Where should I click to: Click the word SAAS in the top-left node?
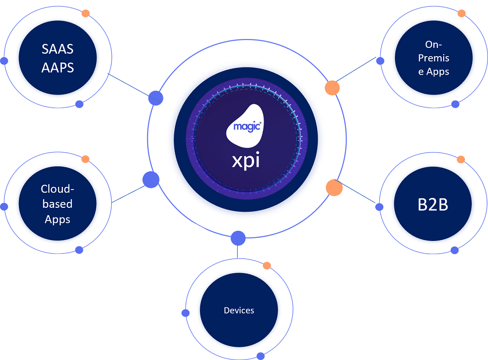(x=57, y=50)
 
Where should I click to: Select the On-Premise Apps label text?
(x=433, y=58)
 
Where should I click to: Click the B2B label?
(x=433, y=204)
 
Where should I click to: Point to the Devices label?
(x=239, y=310)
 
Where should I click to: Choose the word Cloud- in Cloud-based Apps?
(x=57, y=189)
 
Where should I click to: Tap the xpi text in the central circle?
(x=245, y=160)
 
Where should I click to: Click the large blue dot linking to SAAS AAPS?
(x=156, y=98)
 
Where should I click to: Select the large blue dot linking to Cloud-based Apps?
(x=151, y=180)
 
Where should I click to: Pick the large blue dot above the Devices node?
(x=238, y=238)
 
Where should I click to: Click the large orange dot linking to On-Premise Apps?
(x=332, y=88)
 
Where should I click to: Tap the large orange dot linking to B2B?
(x=334, y=188)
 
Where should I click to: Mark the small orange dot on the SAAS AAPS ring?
(x=85, y=13)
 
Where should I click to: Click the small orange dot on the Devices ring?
(x=266, y=265)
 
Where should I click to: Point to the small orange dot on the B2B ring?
(x=461, y=160)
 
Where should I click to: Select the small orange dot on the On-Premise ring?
(x=461, y=13)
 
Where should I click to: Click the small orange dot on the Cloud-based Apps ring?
(x=85, y=159)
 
